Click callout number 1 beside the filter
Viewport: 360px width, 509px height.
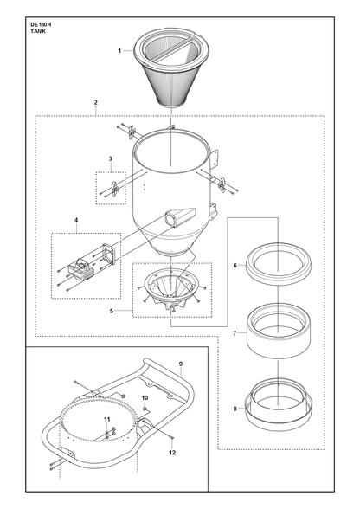tap(119, 50)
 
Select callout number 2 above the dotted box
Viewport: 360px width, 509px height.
tap(96, 102)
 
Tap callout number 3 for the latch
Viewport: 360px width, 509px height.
tap(111, 158)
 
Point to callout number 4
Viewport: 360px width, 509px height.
tap(76, 220)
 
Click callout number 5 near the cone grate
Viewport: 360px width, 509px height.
tap(112, 311)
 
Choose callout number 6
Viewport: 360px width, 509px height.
tap(235, 266)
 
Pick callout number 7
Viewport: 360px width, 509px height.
tap(235, 333)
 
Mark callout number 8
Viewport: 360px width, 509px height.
tap(235, 409)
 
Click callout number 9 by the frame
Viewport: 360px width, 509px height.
tap(181, 364)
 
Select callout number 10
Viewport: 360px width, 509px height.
tap(145, 397)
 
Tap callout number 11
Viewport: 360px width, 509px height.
tap(107, 420)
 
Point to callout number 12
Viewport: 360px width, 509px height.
tap(172, 453)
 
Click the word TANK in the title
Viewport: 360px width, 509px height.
tap(38, 31)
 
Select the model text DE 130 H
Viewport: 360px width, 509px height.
tap(41, 24)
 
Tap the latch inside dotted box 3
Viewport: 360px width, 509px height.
tap(114, 189)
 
